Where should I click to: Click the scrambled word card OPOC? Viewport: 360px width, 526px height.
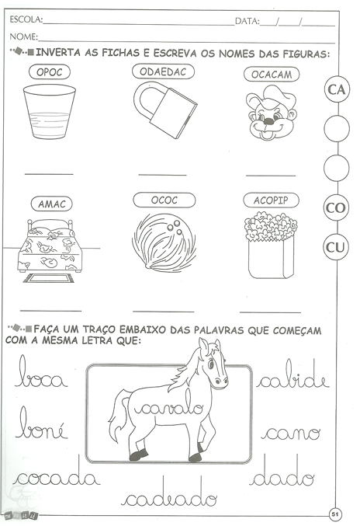pyautogui.click(x=50, y=71)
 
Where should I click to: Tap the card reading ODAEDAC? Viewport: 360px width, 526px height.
pyautogui.click(x=163, y=71)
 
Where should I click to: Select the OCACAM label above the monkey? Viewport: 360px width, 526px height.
pyautogui.click(x=272, y=74)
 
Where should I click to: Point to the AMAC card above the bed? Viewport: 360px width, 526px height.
pyautogui.click(x=51, y=204)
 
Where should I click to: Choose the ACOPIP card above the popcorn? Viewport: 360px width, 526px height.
pyautogui.click(x=271, y=200)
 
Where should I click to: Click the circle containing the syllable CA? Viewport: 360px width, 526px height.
pyautogui.click(x=337, y=89)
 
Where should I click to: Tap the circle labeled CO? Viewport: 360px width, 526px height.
pyautogui.click(x=336, y=208)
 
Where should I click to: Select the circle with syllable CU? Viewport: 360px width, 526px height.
pyautogui.click(x=335, y=247)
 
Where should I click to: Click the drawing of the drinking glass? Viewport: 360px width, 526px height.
pyautogui.click(x=50, y=111)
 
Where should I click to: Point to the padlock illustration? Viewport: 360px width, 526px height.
pyautogui.click(x=165, y=110)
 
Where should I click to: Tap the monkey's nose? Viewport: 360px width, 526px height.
pyautogui.click(x=268, y=121)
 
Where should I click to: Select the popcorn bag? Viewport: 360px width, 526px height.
pyautogui.click(x=271, y=245)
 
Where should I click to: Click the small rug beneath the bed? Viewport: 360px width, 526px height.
pyautogui.click(x=49, y=278)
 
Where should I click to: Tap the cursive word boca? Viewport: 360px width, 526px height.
pyautogui.click(x=41, y=371)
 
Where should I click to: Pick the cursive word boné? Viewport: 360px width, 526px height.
pyautogui.click(x=42, y=423)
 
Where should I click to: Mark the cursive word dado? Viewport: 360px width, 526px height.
pyautogui.click(x=282, y=470)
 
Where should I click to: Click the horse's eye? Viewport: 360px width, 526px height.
pyautogui.click(x=211, y=364)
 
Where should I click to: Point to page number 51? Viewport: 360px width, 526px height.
pyautogui.click(x=335, y=514)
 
